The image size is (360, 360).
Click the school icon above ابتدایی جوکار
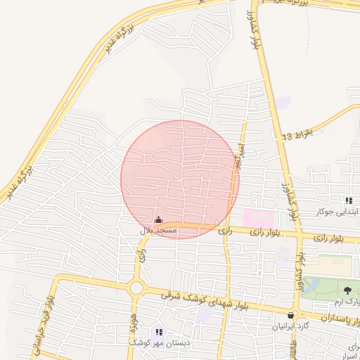point(349,201)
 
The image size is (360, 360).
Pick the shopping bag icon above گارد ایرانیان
point(292,316)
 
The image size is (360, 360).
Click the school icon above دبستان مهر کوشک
point(159,331)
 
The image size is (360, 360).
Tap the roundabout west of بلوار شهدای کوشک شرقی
point(136,288)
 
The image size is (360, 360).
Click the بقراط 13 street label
point(295,134)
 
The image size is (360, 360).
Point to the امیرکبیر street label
point(240,155)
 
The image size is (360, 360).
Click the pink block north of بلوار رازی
point(257,217)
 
